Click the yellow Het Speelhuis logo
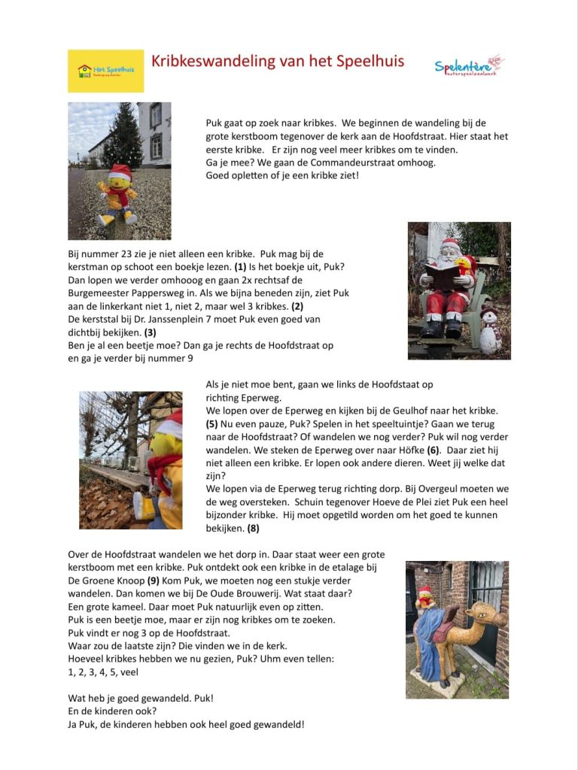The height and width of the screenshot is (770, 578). (x=105, y=71)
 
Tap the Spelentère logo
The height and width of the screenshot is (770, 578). (x=469, y=65)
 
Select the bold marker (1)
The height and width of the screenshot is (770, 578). (x=240, y=267)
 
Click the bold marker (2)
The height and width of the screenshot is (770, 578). (x=297, y=306)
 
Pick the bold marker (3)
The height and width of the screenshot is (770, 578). (x=150, y=332)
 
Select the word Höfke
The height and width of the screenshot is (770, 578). (x=409, y=450)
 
